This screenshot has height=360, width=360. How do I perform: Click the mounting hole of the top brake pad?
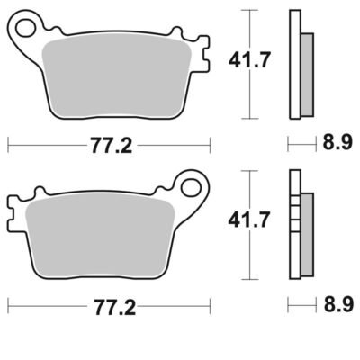point(25,28)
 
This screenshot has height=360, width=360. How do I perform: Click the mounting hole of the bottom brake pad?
point(191,188)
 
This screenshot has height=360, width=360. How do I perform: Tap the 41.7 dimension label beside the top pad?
point(249,59)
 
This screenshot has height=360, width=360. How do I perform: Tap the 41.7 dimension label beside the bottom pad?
point(249,220)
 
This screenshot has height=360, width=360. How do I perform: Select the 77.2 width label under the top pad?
point(112,146)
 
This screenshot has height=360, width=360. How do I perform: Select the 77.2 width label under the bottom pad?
point(115,307)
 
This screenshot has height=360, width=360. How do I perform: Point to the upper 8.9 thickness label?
point(337,142)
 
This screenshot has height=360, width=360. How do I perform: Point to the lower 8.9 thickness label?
point(338,304)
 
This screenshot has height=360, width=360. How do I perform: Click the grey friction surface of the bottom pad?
point(101,238)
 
